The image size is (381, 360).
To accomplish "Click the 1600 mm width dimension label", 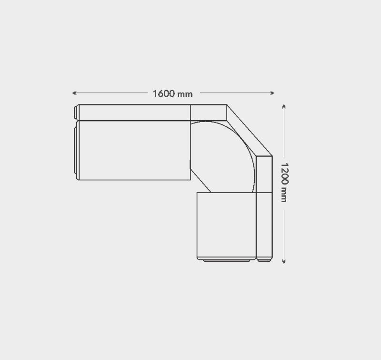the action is point(172,93).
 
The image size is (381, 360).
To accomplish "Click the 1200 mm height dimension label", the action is point(284,183).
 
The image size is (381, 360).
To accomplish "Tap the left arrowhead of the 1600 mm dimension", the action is point(74,93).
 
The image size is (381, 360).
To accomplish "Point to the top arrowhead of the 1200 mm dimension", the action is point(284,106).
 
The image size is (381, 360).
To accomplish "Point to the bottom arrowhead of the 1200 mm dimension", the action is point(284,261).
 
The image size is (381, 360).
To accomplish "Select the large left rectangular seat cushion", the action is point(135,150).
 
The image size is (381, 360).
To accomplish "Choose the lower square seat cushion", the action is point(227,226).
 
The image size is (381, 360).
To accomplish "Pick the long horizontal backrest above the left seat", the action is point(135,113).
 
